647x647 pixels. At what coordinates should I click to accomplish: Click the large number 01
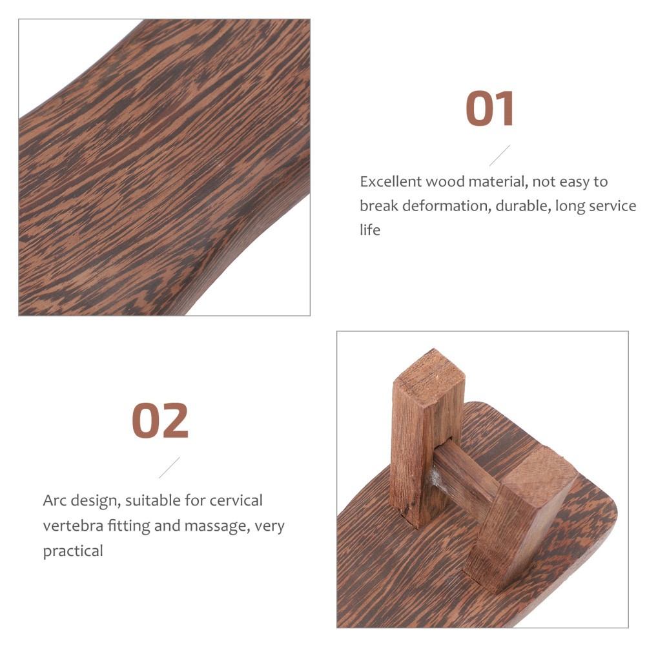[490, 109]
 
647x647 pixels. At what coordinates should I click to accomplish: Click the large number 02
[160, 420]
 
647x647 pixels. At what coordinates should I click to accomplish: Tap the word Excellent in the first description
[390, 182]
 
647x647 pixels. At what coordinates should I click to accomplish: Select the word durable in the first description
[498, 206]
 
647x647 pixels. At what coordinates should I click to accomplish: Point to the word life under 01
[370, 230]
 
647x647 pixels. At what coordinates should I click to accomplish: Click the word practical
[73, 551]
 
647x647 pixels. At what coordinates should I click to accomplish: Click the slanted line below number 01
[499, 155]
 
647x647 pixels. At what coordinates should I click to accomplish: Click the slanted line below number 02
[169, 467]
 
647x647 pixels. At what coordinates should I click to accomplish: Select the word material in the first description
[490, 182]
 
